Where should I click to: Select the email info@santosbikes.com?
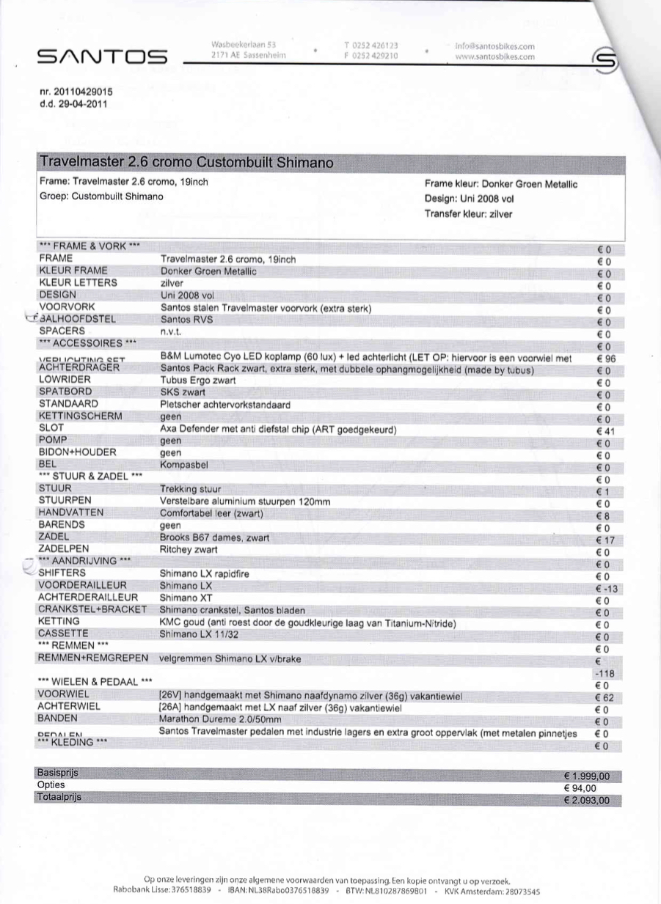tap(495, 45)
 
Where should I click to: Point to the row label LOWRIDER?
tap(65, 379)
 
